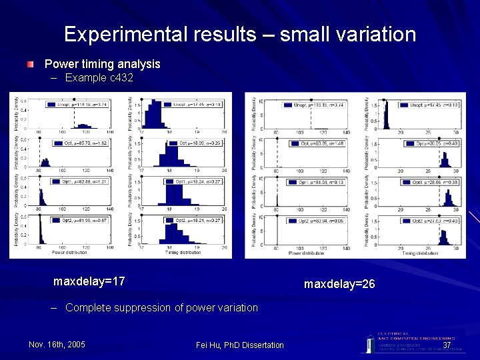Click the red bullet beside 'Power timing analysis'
click(x=31, y=65)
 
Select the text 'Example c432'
click(x=99, y=78)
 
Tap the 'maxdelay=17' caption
click(x=89, y=281)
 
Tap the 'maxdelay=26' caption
click(x=339, y=284)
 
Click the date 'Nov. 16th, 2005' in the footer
click(x=57, y=344)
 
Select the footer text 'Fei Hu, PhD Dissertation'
click(x=240, y=345)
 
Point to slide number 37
click(x=447, y=345)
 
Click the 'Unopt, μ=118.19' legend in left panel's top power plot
click(x=74, y=105)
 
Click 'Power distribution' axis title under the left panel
click(x=69, y=253)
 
